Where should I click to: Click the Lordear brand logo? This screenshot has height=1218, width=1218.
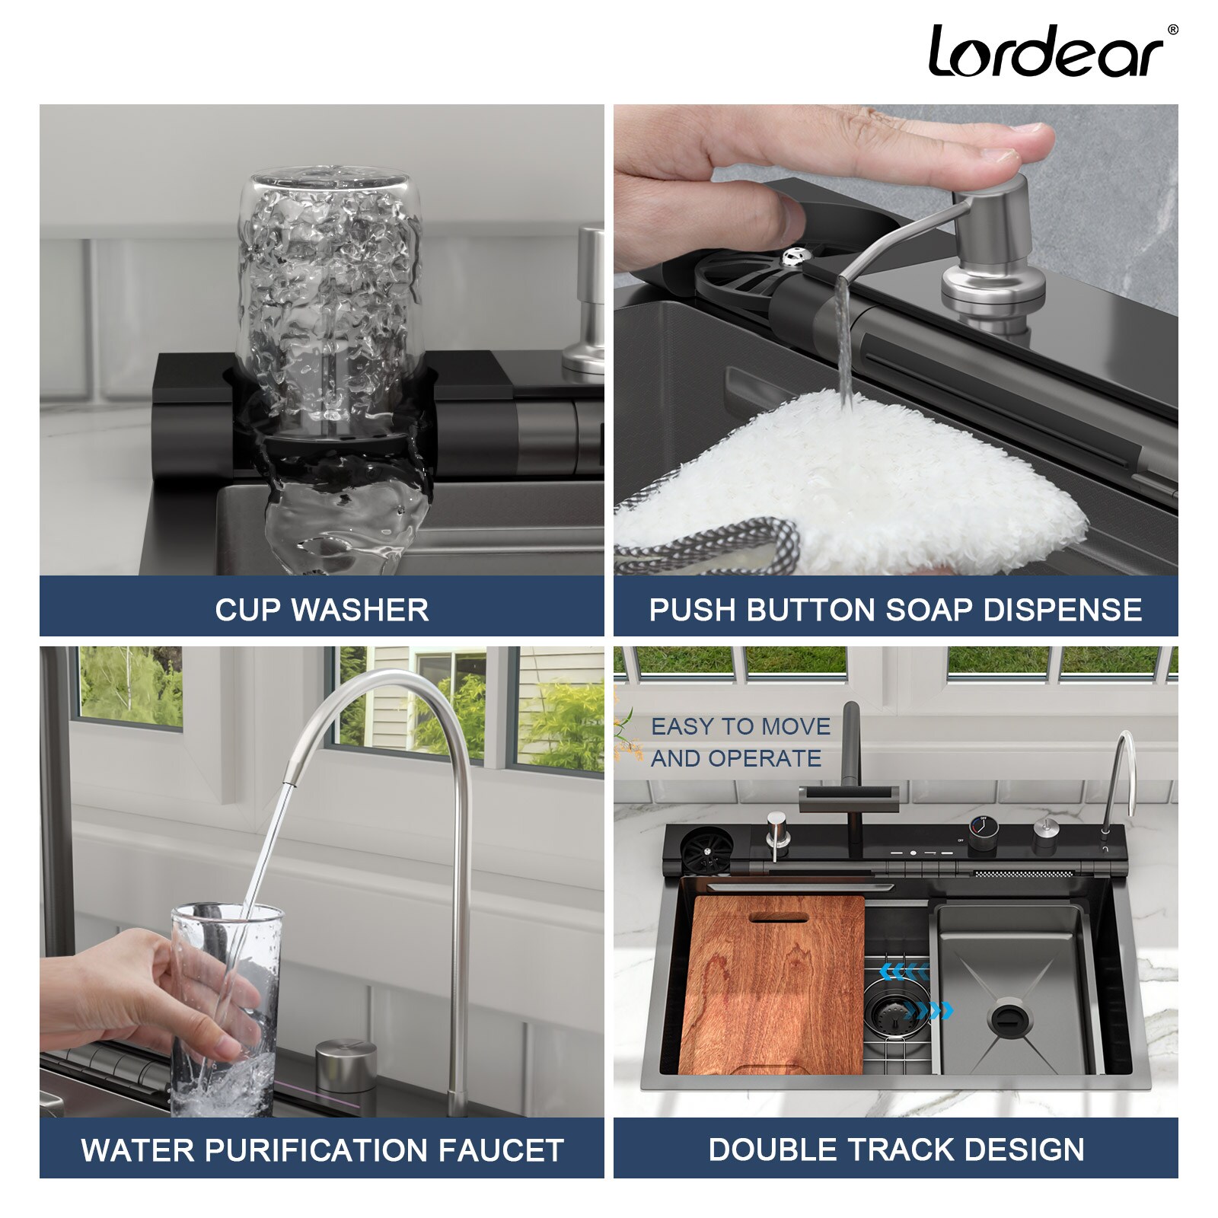(1047, 52)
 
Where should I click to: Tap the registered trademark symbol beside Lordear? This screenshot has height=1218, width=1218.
(1172, 30)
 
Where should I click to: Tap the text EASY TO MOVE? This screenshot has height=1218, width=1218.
(740, 727)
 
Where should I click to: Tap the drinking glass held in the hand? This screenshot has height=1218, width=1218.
(225, 1005)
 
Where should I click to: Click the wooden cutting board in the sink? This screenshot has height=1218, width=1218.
(771, 986)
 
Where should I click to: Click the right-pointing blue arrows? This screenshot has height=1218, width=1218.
(928, 1011)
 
